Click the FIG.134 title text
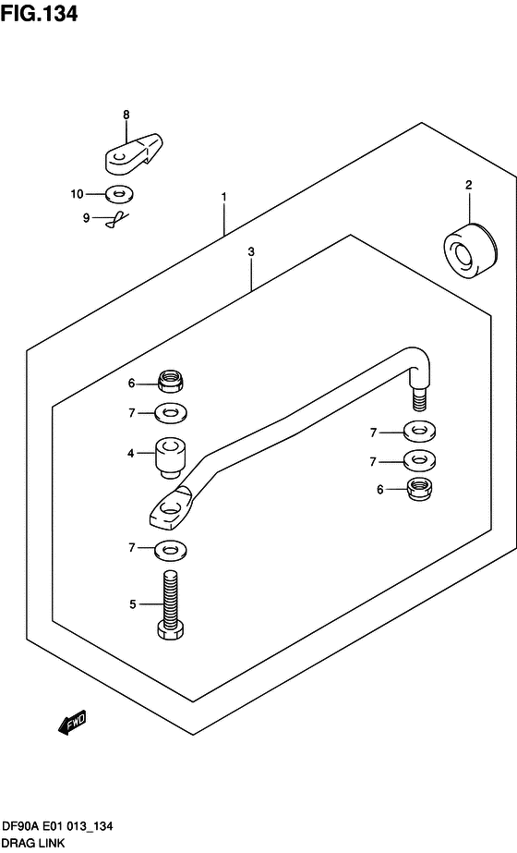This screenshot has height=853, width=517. coord(39,13)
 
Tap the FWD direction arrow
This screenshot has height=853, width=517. coord(72,724)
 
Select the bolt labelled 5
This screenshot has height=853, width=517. coord(171,603)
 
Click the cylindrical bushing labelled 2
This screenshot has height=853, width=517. coord(470,251)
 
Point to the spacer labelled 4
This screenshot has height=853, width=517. coord(171,458)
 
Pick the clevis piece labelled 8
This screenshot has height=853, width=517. coord(133,154)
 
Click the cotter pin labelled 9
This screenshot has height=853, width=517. coord(117,219)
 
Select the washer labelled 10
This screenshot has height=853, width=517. coord(119,194)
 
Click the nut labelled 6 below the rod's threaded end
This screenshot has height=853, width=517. coord(420,489)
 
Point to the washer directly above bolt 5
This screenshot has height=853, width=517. coord(171,549)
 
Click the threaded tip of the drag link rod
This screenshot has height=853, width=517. coord(420,400)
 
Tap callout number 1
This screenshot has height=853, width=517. coord(223,197)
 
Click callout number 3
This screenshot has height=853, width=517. coord(250,252)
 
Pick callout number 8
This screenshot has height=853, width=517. coord(126,115)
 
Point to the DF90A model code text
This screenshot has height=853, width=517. coord(19,826)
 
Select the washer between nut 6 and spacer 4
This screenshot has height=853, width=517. coord(171,413)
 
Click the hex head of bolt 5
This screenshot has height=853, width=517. coord(171,631)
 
